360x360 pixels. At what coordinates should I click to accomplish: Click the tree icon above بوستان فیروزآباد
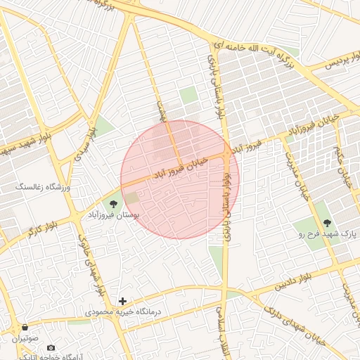[113, 203]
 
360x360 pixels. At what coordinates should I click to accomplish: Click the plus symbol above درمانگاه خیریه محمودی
[122, 301]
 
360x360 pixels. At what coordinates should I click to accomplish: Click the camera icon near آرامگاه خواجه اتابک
[51, 348]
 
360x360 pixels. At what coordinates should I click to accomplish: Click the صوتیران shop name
[26, 338]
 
